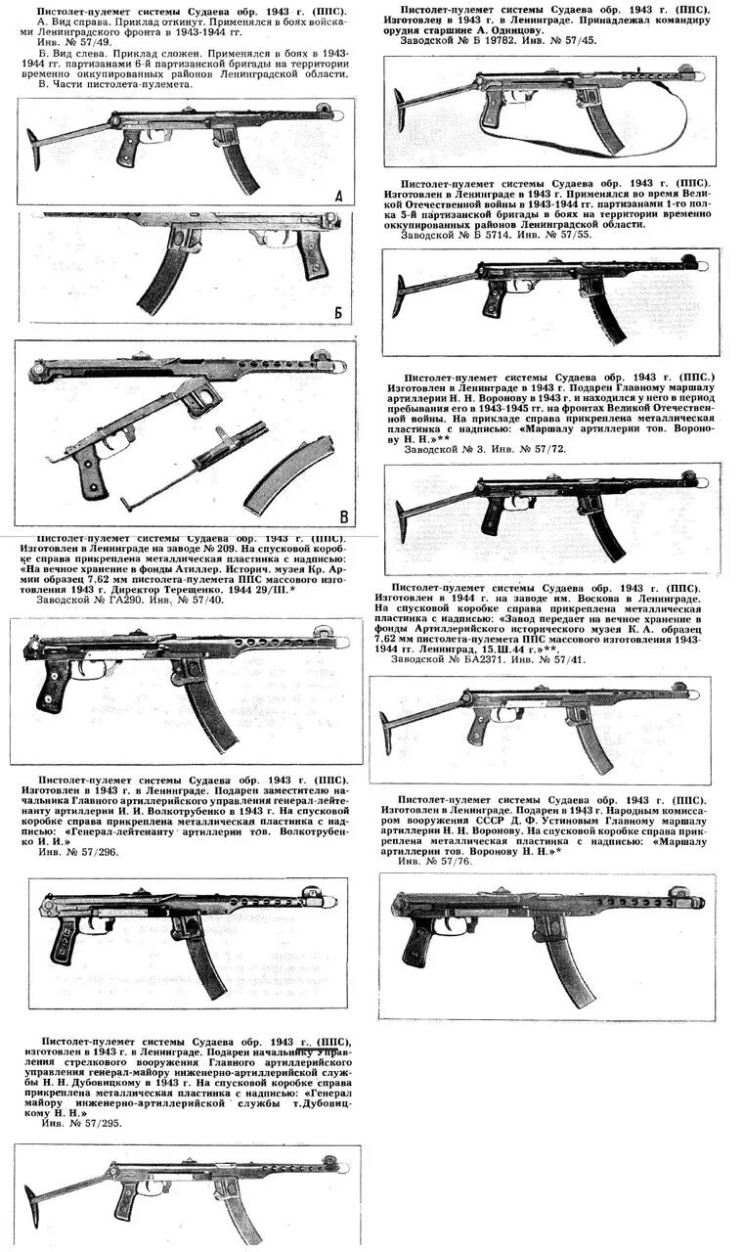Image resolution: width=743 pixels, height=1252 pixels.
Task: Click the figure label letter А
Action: (x=338, y=197)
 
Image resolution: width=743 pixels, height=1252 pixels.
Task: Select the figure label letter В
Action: (x=343, y=516)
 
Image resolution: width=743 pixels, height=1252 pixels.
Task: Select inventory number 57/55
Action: (x=565, y=235)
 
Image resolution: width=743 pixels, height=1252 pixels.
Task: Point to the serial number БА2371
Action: (x=474, y=659)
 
